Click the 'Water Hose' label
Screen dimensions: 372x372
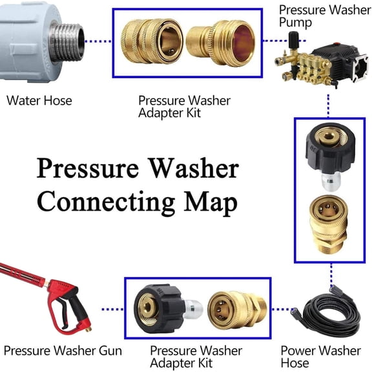(39, 101)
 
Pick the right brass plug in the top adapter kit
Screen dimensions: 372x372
(220, 41)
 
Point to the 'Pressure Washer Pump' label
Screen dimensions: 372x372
(324, 17)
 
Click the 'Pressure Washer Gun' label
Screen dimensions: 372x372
(63, 351)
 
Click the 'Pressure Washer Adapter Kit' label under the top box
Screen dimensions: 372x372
(184, 107)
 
